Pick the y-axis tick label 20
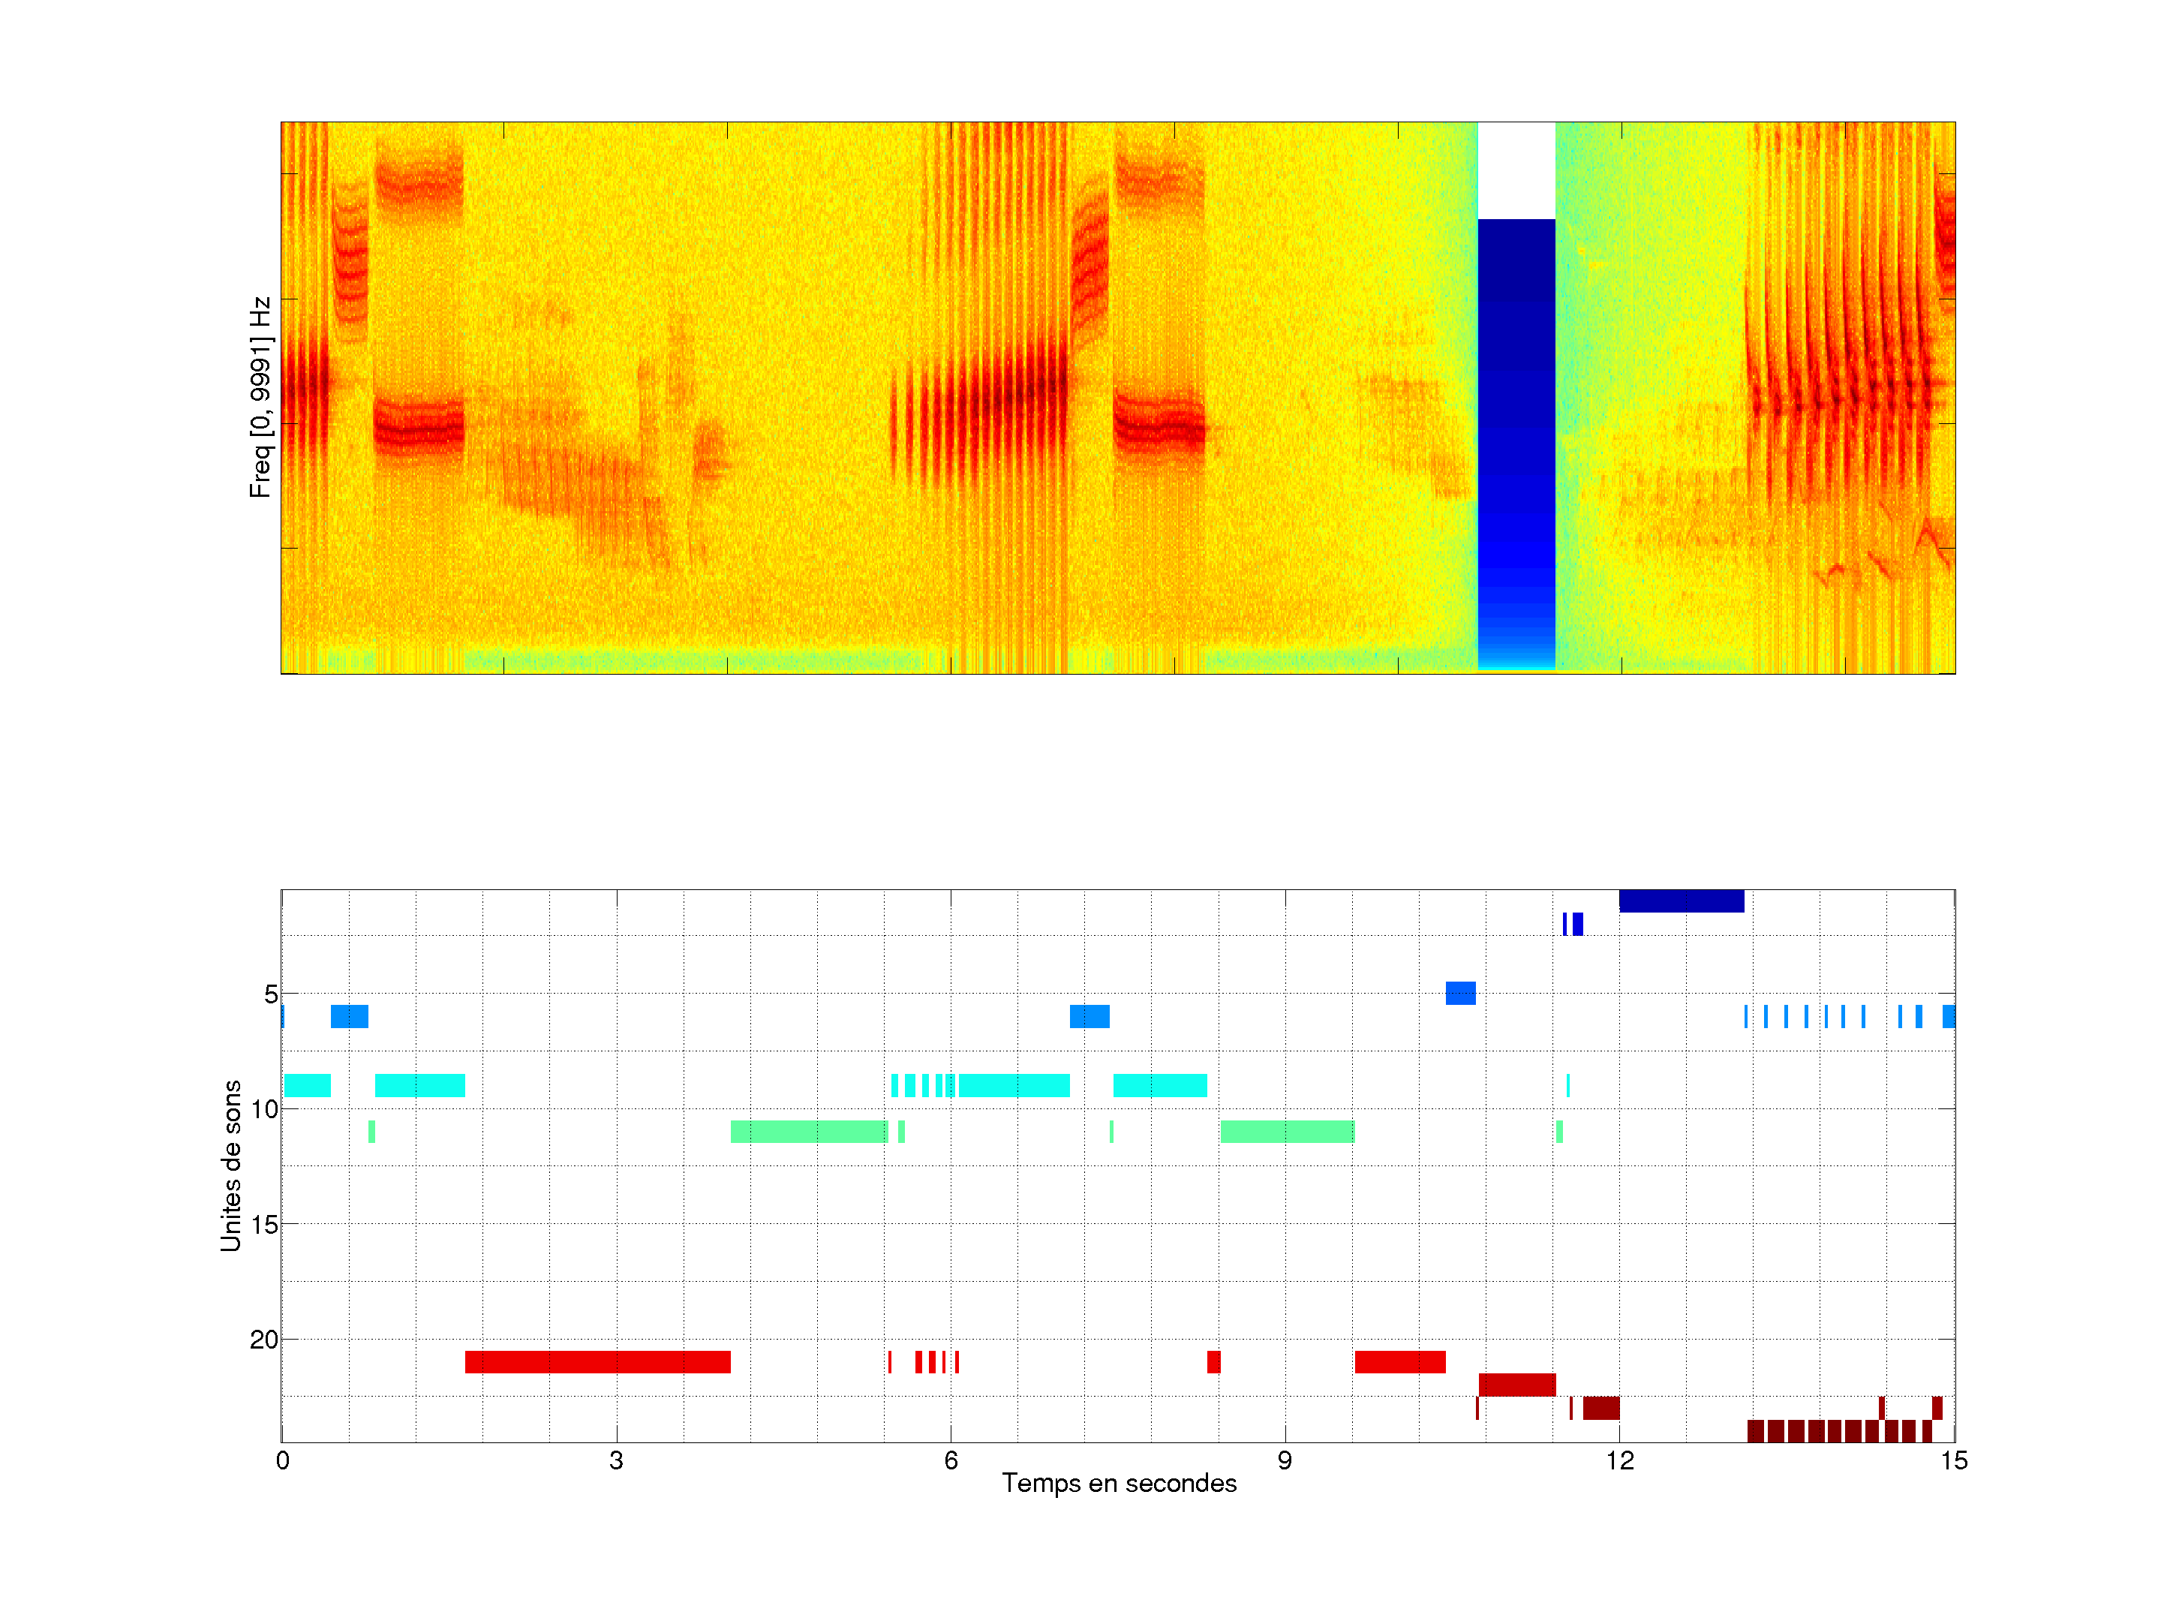[x=264, y=1340]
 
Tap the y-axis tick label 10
[x=264, y=1109]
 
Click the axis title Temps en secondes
[x=1119, y=1484]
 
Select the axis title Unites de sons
[x=230, y=1165]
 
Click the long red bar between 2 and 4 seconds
[x=597, y=1362]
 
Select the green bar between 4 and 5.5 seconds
[x=809, y=1132]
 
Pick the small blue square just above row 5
[x=1459, y=993]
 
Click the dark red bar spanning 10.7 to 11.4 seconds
[x=1516, y=1385]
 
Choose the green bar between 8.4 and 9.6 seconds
[x=1287, y=1132]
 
